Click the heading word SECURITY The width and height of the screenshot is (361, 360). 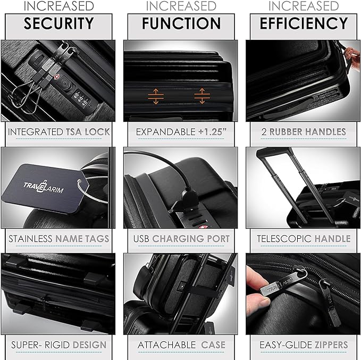(58, 23)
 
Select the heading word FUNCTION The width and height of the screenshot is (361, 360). (181, 23)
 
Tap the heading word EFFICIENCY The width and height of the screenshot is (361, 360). (303, 23)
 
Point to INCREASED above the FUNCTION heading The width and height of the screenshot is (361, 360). (181, 6)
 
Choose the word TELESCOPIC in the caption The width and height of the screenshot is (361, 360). (282, 238)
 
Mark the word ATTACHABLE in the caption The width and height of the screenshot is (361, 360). (166, 345)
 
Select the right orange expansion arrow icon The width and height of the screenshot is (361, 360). (200, 96)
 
